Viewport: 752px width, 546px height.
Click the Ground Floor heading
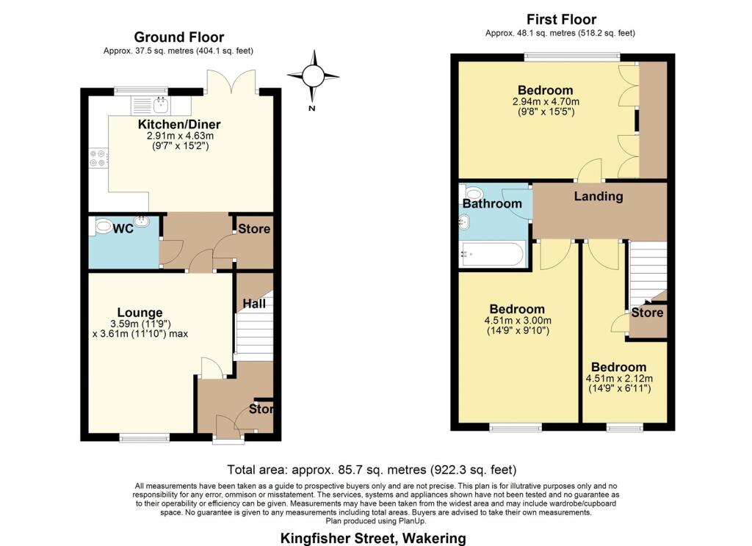179,37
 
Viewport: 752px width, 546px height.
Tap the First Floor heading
561,19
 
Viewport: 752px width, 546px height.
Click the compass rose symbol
313,76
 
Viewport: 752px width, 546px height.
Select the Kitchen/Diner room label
179,124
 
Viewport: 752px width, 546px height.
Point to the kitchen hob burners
98,158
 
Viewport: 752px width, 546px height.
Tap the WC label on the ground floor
123,229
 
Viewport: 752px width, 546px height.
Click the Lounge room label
140,313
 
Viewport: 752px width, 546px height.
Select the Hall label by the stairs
253,303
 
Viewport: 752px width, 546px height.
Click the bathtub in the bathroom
492,254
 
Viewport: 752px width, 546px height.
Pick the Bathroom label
492,204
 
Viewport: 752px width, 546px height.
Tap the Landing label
599,196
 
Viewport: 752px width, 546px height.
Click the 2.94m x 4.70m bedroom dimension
546,101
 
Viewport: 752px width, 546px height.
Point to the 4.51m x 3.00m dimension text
518,320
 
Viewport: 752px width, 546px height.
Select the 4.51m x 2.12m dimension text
619,378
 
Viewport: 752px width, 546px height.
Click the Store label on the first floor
647,313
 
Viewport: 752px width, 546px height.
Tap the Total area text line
372,469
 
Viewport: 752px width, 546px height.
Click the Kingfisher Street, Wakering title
372,539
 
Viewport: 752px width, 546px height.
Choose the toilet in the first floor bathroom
473,193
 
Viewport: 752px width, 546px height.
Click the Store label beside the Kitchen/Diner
254,229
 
